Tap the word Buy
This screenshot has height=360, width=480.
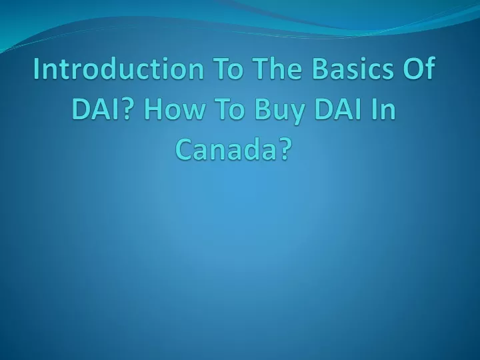(279, 110)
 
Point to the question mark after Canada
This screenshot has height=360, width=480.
(283, 150)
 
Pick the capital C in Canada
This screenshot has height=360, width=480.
(184, 150)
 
